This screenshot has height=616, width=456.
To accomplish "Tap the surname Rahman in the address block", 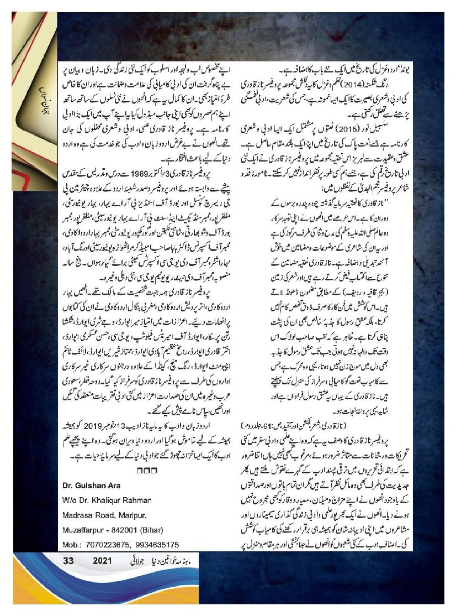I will [134, 501].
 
